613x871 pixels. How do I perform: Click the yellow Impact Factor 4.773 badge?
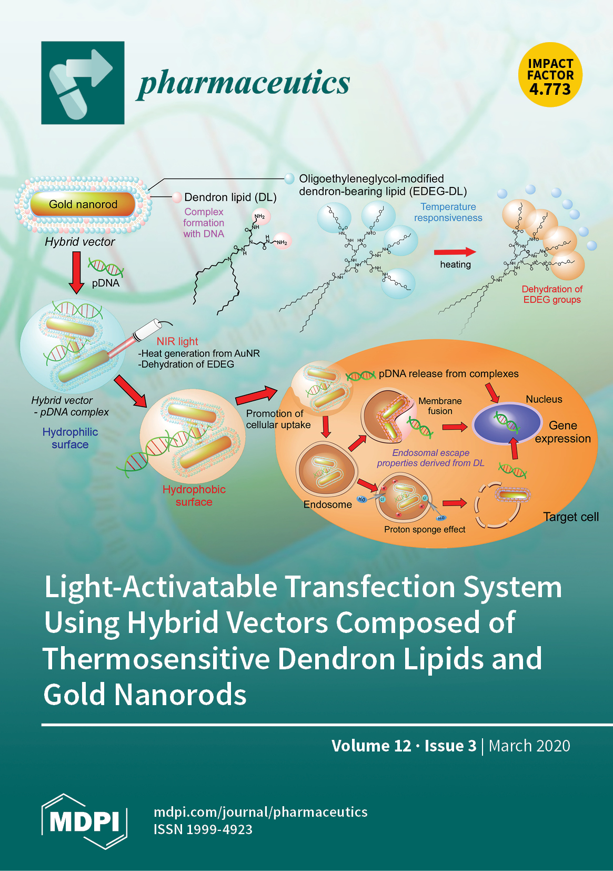point(550,75)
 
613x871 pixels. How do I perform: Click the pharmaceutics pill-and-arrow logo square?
point(83,83)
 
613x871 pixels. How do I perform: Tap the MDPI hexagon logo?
point(85,821)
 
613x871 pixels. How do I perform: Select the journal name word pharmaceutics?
point(244,83)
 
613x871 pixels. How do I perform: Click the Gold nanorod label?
point(83,204)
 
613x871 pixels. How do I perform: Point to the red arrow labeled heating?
point(455,252)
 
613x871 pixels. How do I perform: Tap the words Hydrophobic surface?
point(194,496)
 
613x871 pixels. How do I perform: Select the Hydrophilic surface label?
point(70,438)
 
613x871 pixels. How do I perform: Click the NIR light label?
point(177,341)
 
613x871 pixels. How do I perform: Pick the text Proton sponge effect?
point(425,529)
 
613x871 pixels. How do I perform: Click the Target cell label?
point(571,517)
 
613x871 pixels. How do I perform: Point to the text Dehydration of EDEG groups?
point(552,294)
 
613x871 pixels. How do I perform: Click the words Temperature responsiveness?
point(448,212)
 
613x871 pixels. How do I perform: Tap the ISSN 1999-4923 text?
point(203,829)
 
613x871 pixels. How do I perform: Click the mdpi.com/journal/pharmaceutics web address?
point(260,812)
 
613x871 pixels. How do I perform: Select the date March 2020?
point(529,746)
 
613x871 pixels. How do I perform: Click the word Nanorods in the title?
point(181,695)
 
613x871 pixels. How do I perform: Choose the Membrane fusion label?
point(440,406)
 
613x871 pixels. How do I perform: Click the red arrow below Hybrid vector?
point(77,272)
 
